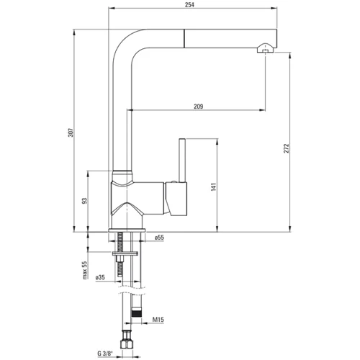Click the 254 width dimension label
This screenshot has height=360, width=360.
(189, 4)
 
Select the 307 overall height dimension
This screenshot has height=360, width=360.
(71, 132)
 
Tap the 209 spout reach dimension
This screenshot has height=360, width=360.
(199, 107)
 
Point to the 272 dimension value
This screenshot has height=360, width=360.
(287, 148)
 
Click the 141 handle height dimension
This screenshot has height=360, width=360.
(214, 186)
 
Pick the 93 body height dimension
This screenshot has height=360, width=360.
(84, 201)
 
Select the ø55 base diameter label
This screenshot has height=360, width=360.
(159, 238)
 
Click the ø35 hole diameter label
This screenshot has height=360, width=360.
(100, 277)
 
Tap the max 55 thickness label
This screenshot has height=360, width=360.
(85, 270)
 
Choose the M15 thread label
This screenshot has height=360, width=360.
(158, 320)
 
